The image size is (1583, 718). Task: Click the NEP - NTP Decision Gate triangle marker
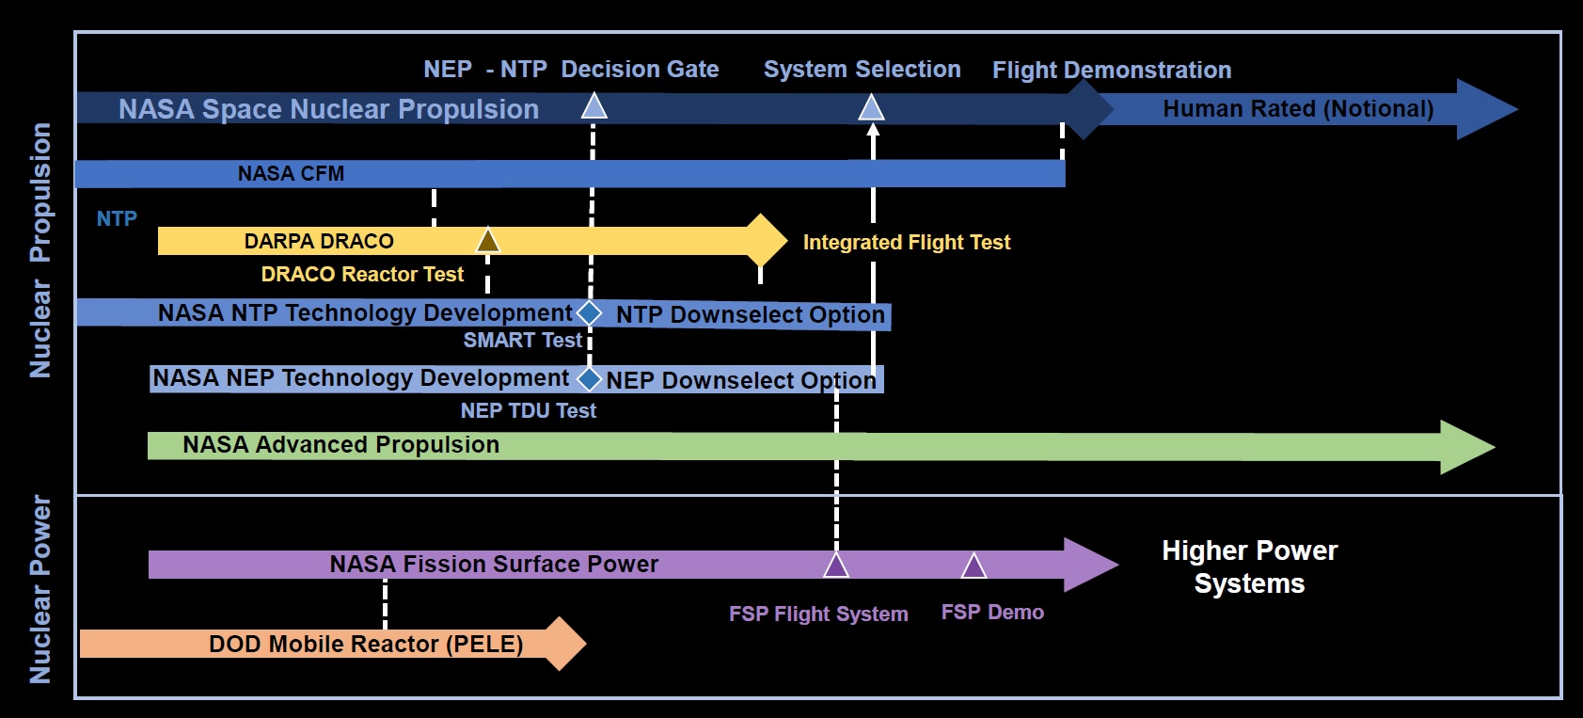point(594,106)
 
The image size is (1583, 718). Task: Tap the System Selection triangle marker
point(872,108)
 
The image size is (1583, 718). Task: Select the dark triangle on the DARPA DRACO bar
point(487,242)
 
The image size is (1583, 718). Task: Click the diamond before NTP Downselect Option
point(589,312)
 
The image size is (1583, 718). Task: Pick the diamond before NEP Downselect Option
point(589,378)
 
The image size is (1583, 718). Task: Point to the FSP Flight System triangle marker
point(836,566)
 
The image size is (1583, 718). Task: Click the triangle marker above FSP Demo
point(974,566)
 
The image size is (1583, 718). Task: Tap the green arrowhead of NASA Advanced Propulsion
point(1465,447)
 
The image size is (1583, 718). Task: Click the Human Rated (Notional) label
point(1298,109)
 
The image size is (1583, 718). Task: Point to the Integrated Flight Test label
point(906,243)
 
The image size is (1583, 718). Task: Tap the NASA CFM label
point(291,174)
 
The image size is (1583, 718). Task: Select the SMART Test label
point(522,341)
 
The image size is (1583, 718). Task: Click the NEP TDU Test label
point(528,411)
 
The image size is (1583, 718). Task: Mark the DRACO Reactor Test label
point(362,275)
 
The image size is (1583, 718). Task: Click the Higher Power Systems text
point(1249,566)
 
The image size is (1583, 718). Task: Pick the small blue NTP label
point(117,219)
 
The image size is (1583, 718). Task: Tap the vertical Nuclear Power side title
point(40,589)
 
